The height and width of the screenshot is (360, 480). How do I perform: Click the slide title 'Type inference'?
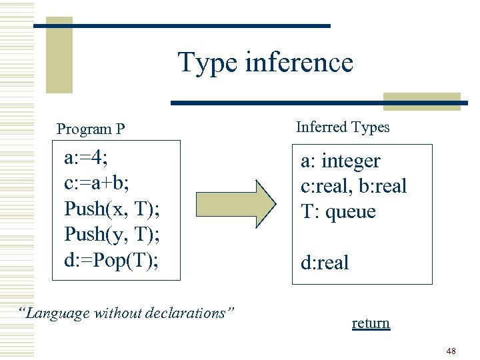click(265, 63)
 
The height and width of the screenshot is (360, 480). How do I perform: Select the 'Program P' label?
click(91, 129)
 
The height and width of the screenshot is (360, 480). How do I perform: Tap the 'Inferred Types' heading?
click(343, 127)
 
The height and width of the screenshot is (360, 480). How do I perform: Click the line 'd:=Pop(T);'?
click(111, 259)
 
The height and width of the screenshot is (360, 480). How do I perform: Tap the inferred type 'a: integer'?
click(340, 161)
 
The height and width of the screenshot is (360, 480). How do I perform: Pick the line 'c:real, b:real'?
click(353, 187)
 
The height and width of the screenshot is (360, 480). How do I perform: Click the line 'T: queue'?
click(338, 212)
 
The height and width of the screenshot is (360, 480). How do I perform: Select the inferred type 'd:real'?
click(325, 263)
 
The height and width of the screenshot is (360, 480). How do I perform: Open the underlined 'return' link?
click(371, 323)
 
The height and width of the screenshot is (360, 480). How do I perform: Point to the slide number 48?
click(451, 351)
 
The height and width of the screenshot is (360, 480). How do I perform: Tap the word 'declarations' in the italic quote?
click(193, 313)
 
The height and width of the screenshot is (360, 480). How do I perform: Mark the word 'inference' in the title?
click(299, 63)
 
